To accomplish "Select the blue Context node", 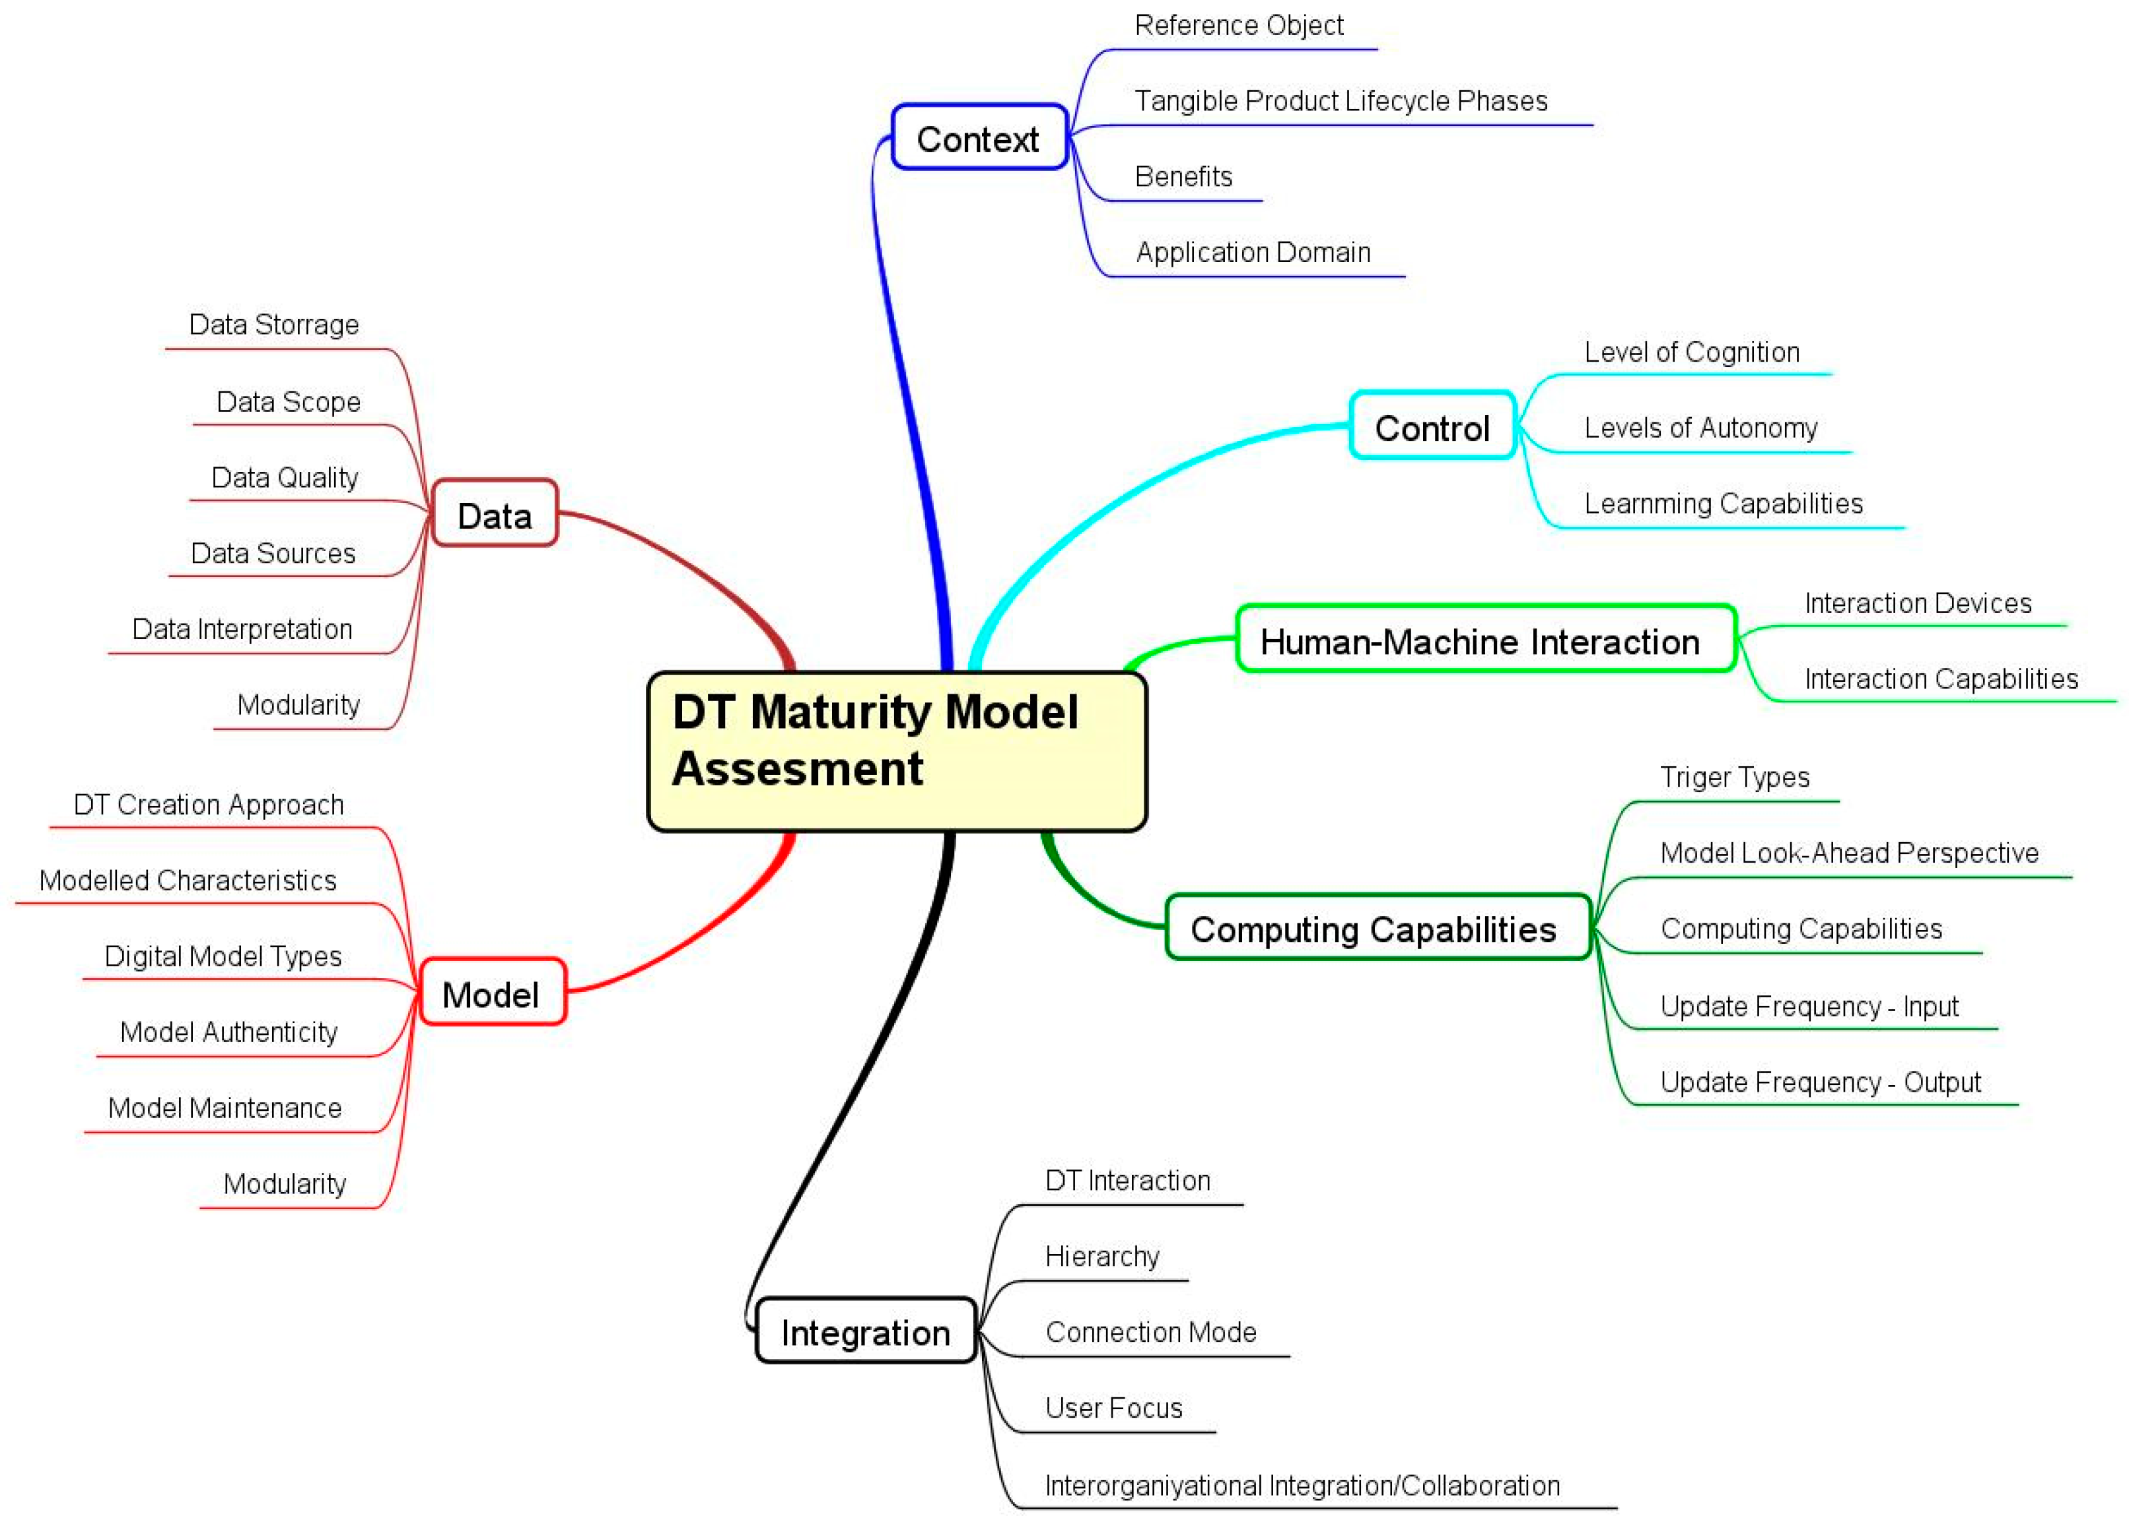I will point(978,138).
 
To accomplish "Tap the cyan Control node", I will point(1432,427).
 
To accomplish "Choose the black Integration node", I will point(866,1331).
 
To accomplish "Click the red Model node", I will point(491,993).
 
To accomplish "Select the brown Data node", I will point(495,514).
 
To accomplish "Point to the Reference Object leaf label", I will point(1239,25).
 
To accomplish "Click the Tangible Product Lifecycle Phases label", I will point(1341,100).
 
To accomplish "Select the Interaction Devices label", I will point(1918,603).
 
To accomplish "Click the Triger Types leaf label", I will point(1734,777).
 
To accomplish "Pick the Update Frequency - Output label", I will point(1819,1082).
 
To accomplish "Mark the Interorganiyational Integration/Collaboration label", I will point(1302,1486).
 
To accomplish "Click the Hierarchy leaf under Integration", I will point(1102,1255).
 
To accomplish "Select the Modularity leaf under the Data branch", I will point(298,704).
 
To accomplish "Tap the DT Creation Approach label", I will point(209,804).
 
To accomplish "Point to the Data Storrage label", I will point(273,324).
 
